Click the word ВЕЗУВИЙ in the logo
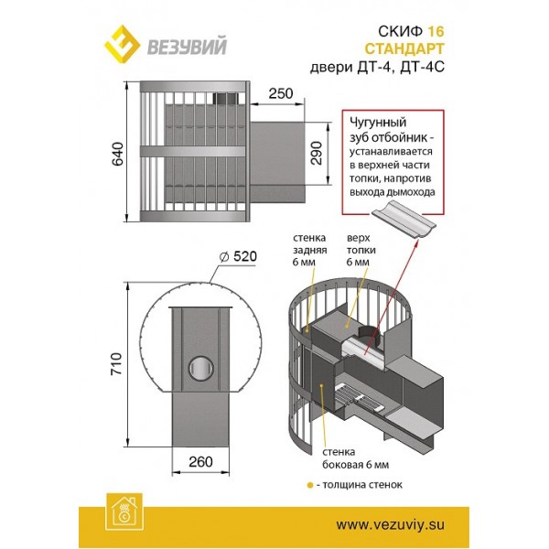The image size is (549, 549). [x=187, y=47]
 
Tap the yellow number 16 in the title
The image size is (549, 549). [x=436, y=32]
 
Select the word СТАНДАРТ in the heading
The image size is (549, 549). [x=404, y=48]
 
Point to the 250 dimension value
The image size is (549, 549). [x=281, y=93]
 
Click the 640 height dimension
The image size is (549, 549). [x=118, y=154]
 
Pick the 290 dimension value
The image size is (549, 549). [x=317, y=153]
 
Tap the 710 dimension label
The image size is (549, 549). [x=116, y=364]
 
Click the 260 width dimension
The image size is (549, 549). [x=200, y=462]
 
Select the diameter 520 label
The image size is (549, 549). [x=238, y=256]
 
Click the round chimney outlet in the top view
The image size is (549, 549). [x=201, y=368]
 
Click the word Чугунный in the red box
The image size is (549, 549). [x=378, y=123]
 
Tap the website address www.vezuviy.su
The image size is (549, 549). [x=391, y=525]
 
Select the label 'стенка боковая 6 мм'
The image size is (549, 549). [x=355, y=458]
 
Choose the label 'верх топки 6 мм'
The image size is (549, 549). [x=361, y=250]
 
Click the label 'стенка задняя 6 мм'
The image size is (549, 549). [x=310, y=250]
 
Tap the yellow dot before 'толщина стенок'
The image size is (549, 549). [x=310, y=486]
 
